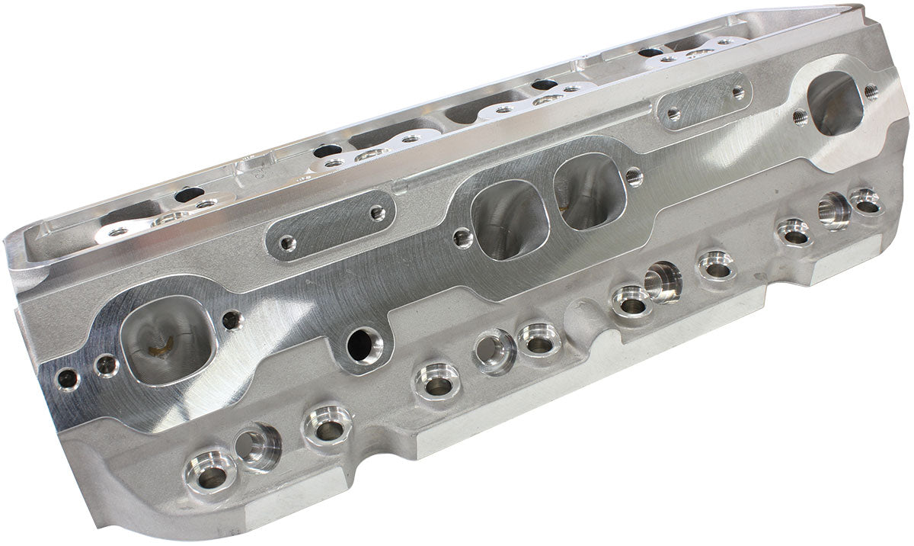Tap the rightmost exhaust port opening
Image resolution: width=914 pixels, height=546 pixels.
[x=836, y=104]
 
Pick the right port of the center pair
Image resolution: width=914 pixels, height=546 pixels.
[x=590, y=191]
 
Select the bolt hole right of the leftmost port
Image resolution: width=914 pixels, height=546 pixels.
[x=232, y=320]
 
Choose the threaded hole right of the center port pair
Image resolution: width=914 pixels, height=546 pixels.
[x=634, y=177]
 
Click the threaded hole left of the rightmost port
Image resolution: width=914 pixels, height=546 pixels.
[x=799, y=117]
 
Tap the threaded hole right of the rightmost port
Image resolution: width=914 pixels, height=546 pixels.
[x=871, y=92]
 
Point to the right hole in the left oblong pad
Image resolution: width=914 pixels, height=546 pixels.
[x=377, y=214]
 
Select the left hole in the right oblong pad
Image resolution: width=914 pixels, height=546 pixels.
[x=673, y=114]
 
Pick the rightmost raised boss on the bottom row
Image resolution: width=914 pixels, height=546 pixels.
[x=866, y=201]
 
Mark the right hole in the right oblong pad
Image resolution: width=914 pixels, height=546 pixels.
[x=737, y=92]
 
